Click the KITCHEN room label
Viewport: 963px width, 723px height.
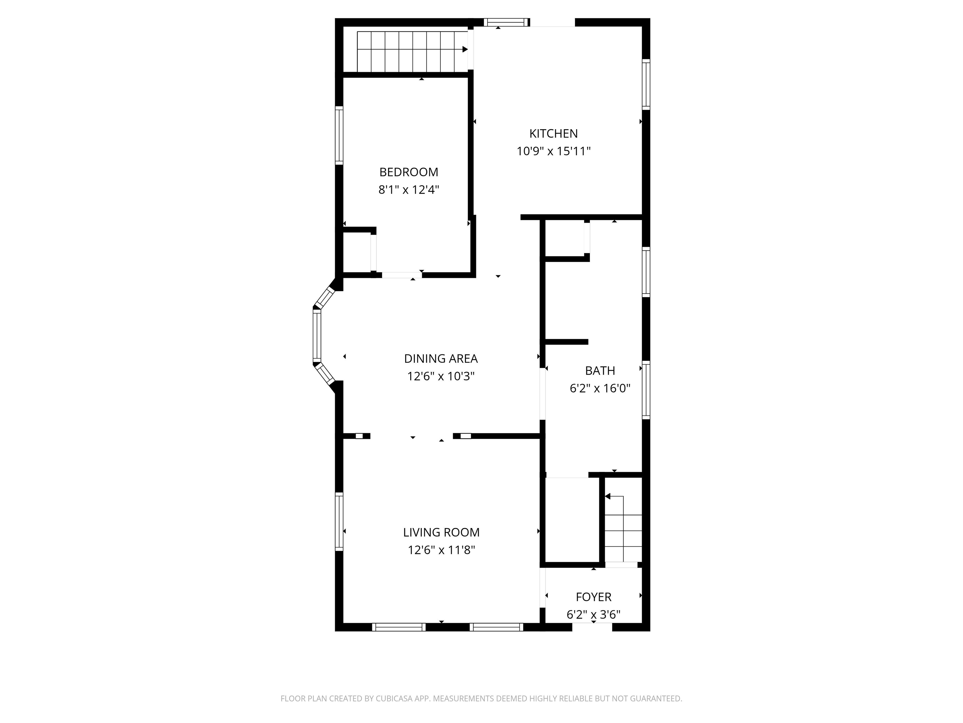point(553,133)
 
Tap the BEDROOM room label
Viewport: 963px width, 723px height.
point(408,172)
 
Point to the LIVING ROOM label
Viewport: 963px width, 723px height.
point(441,532)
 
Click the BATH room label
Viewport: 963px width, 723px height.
point(600,371)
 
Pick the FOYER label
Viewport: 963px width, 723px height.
point(593,597)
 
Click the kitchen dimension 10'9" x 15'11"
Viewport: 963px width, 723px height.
point(553,151)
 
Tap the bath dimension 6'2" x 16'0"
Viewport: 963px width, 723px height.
point(600,388)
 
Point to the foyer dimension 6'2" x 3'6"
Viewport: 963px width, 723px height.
point(593,614)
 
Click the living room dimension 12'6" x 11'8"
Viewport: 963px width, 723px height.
point(441,550)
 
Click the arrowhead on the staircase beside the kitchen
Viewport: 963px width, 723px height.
point(465,49)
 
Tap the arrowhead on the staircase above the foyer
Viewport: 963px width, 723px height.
point(608,496)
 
